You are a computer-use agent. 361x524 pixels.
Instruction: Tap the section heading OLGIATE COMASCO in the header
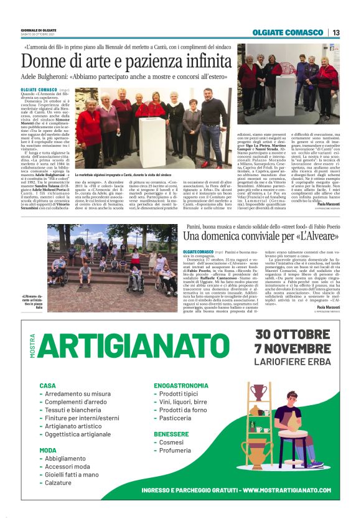click(x=288, y=32)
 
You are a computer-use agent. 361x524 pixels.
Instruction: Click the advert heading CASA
click(x=48, y=385)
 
